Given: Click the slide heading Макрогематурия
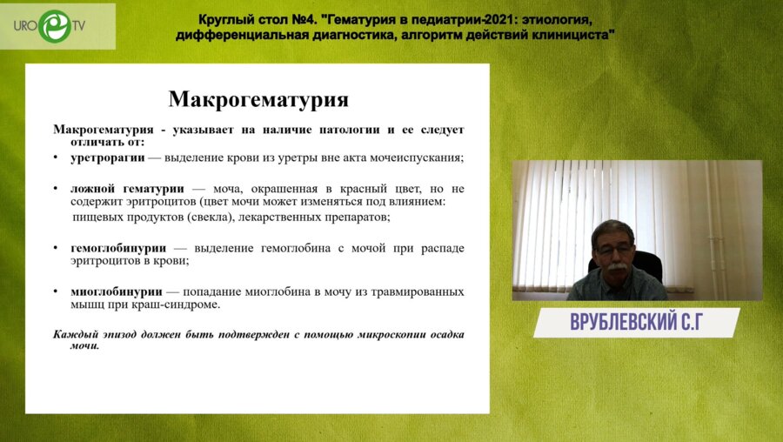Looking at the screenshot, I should point(258,97).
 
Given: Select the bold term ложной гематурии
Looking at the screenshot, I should point(127,188).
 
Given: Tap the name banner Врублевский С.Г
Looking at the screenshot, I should point(636,323).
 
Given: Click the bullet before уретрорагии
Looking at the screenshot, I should point(57,158).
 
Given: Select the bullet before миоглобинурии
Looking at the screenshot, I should point(57,291).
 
